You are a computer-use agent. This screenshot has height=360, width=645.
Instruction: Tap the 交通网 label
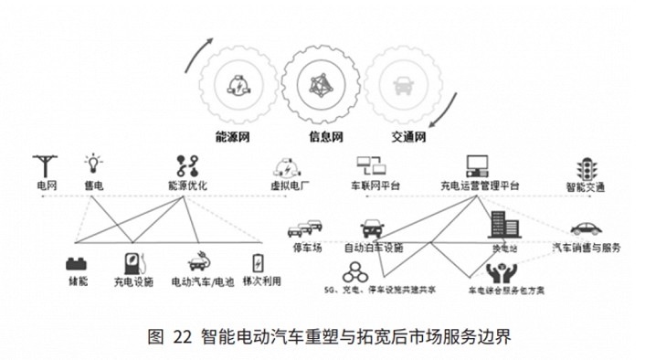[x=408, y=139]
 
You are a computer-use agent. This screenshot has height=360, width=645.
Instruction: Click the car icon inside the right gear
[x=402, y=88]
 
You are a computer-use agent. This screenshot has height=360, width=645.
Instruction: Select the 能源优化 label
[x=188, y=186]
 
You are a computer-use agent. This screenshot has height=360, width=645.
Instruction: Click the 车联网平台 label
[x=374, y=186]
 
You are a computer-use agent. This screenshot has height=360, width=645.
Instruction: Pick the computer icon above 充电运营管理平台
[x=478, y=165]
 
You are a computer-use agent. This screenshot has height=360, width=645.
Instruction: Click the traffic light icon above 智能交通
[x=585, y=167]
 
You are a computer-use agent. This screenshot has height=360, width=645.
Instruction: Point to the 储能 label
[x=76, y=281]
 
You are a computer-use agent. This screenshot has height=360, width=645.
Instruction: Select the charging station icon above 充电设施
[x=133, y=259]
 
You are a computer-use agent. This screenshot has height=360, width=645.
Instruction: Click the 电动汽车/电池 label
[x=202, y=281]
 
